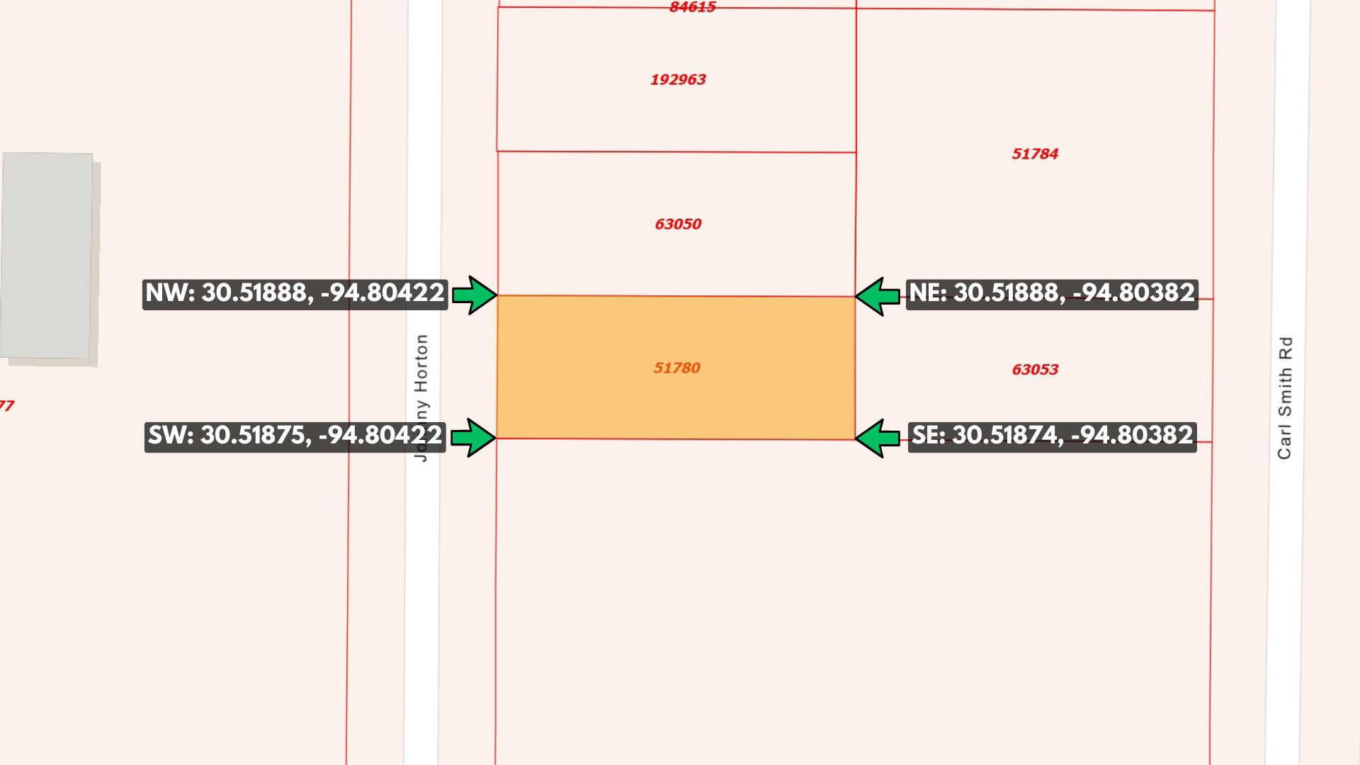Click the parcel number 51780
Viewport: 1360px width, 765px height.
coord(676,368)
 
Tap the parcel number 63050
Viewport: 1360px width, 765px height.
coord(678,224)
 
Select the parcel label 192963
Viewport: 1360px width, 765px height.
coord(678,79)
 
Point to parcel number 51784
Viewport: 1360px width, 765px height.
coord(1035,154)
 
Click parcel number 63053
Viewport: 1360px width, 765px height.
coord(1035,369)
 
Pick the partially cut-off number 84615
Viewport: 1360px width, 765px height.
coord(692,7)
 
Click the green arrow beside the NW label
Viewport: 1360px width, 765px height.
coord(474,295)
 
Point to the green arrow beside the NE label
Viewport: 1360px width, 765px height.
coord(878,296)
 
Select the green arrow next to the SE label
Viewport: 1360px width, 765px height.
coord(878,438)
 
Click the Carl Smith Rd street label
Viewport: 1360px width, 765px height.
coord(1285,397)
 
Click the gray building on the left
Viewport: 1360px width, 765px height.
coord(47,256)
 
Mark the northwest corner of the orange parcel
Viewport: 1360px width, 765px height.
coord(498,295)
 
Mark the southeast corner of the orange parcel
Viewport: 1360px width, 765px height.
coord(855,439)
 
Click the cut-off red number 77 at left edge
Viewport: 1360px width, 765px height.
coord(6,406)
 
